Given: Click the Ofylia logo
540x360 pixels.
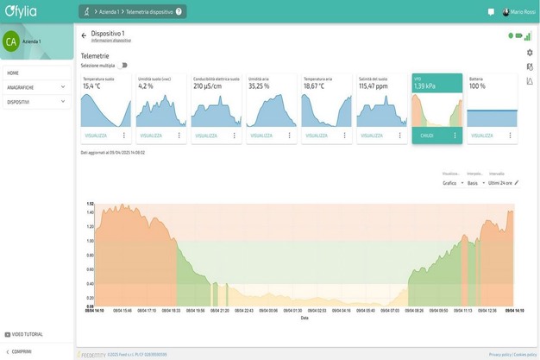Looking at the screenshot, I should click(x=21, y=11).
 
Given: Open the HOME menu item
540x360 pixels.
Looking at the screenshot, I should click(x=13, y=73).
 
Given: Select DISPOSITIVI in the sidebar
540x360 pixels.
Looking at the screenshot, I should click(x=19, y=102).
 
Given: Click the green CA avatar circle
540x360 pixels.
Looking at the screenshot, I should click(x=10, y=41).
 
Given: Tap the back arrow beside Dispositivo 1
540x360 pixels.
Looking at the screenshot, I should click(x=84, y=35).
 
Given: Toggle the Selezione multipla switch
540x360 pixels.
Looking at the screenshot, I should click(x=123, y=65).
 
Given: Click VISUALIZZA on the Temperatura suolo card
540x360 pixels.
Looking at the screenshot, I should click(x=96, y=136).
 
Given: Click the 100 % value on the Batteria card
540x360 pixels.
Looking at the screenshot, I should click(x=477, y=86).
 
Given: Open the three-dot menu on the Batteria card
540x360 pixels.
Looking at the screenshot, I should click(x=511, y=136).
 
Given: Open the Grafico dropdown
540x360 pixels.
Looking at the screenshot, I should click(x=453, y=183).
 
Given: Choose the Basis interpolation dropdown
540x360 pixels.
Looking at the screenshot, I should click(x=475, y=183).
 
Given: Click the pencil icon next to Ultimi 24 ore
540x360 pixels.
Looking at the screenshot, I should click(x=516, y=183).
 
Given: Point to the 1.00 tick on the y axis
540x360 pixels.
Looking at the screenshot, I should click(x=90, y=241).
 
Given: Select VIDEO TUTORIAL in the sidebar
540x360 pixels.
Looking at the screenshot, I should click(x=26, y=334).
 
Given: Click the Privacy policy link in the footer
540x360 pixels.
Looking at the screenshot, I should click(x=499, y=354).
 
